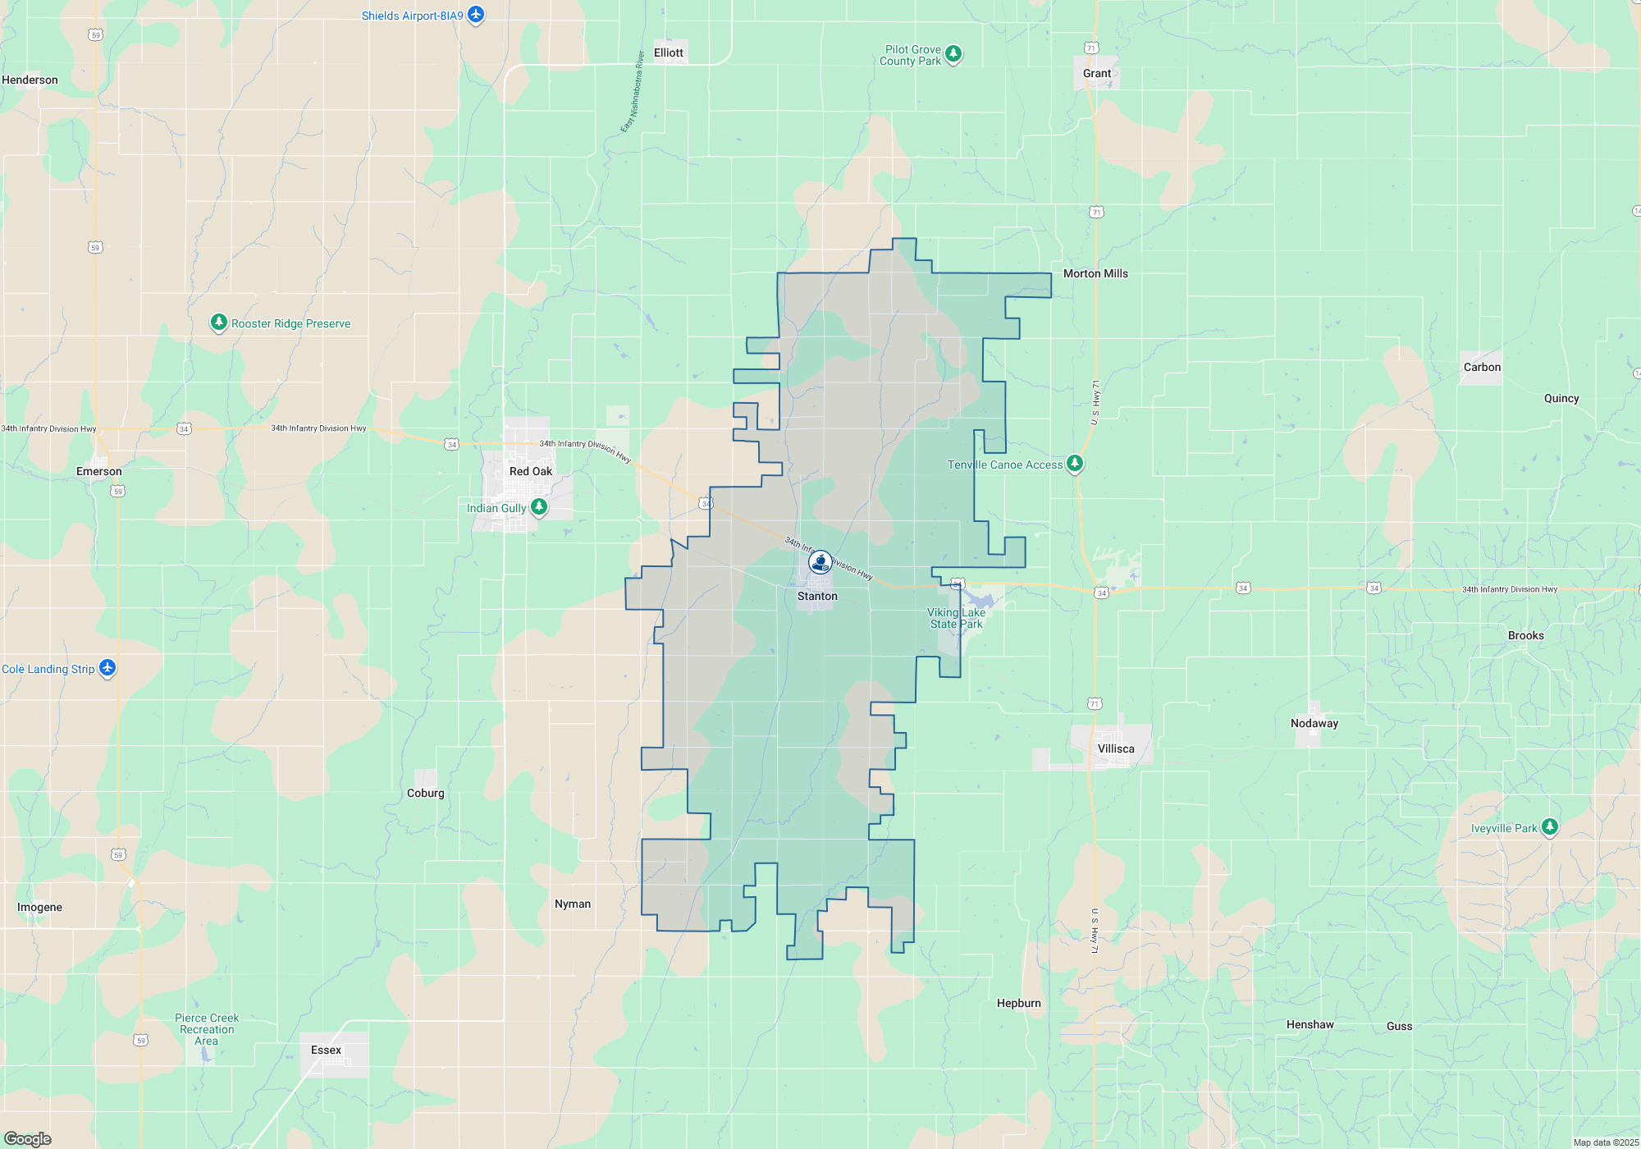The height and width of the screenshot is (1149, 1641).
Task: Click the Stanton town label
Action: [817, 597]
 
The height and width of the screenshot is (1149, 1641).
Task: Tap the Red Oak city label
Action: [531, 471]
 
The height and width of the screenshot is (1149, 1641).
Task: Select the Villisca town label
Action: [1116, 748]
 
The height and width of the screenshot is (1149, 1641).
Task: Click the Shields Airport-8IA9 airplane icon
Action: [476, 15]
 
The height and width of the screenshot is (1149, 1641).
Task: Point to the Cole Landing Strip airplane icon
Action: [107, 668]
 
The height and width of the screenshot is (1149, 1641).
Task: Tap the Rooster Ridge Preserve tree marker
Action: [218, 322]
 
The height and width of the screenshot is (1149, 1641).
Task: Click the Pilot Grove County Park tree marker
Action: [953, 54]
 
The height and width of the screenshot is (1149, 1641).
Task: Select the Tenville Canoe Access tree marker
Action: [1074, 463]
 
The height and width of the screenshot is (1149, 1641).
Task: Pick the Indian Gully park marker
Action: [539, 506]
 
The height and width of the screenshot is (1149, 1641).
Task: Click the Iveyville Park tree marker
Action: [1549, 826]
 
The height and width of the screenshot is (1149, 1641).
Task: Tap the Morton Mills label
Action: [1095, 273]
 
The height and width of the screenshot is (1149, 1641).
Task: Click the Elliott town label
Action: [669, 53]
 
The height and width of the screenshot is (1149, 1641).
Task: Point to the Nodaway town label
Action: [1314, 723]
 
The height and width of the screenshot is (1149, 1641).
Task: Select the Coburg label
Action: [425, 793]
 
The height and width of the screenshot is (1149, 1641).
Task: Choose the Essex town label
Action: [326, 1050]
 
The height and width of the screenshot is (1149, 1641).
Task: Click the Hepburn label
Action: [1019, 1003]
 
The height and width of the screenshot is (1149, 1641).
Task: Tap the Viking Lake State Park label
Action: [956, 618]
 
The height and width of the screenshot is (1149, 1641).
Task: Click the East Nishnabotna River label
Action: [632, 92]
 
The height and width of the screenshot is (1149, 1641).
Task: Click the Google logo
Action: [28, 1139]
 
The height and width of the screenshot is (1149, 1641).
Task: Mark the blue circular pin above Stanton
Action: [820, 562]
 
